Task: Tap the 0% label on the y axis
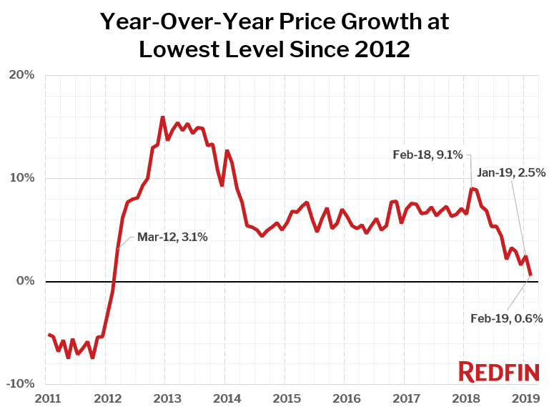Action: tap(25, 281)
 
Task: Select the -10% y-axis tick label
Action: tap(21, 384)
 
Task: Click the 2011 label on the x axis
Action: tap(46, 398)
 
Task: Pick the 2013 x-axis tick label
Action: tap(166, 398)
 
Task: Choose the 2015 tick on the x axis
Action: tap(285, 398)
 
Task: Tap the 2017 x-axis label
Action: tap(405, 398)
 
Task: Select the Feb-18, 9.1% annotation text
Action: tap(428, 154)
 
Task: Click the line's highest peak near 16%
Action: tap(162, 117)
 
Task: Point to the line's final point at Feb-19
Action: tap(530, 275)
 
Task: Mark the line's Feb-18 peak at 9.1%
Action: tap(470, 188)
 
